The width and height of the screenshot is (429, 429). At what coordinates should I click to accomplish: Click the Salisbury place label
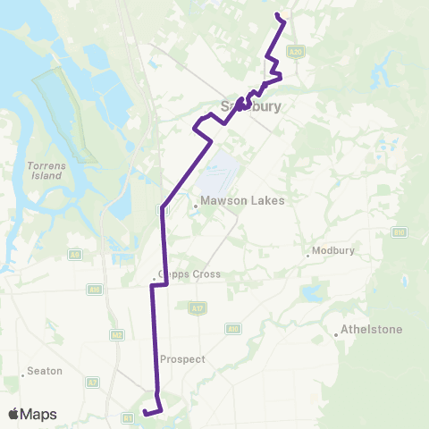click(250, 106)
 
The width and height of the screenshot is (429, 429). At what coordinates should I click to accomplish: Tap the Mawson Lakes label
click(242, 200)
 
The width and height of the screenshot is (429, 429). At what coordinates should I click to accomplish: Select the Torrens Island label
click(44, 171)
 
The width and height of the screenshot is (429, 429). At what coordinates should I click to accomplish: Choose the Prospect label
click(182, 359)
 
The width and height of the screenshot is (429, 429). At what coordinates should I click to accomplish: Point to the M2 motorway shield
click(117, 334)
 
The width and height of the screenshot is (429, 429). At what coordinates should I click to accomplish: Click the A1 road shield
click(127, 416)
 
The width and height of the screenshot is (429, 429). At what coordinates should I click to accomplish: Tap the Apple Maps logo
click(32, 414)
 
